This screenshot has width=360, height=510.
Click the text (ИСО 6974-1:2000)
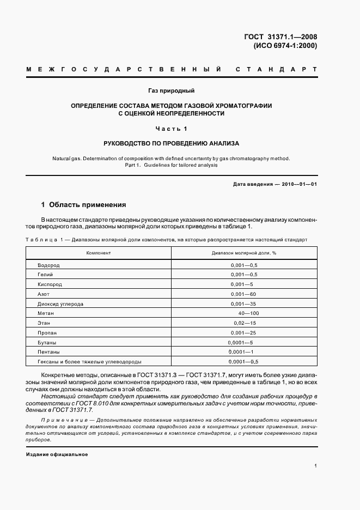pyautogui.click(x=285, y=46)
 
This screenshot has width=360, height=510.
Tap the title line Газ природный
pyautogui.click(x=171, y=90)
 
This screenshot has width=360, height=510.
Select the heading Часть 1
pyautogui.click(x=171, y=129)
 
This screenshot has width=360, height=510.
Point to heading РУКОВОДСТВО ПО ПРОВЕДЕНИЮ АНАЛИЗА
pyautogui.click(x=171, y=143)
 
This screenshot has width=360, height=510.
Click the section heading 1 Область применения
pyautogui.click(x=83, y=205)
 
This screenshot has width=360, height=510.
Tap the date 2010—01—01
pyautogui.click(x=299, y=184)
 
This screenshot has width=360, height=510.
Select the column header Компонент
pyautogui.click(x=99, y=253)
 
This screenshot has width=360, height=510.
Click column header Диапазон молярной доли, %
pyautogui.click(x=244, y=253)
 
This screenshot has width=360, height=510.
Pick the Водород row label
pyautogui.click(x=48, y=265)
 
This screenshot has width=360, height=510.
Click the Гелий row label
pyautogui.click(x=45, y=275)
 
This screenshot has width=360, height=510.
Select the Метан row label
pyautogui.click(x=46, y=314)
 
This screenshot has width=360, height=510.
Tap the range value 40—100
pyautogui.click(x=248, y=314)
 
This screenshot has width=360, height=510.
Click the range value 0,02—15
pyautogui.click(x=244, y=323)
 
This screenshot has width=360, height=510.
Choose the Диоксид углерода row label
pyautogui.click(x=61, y=303)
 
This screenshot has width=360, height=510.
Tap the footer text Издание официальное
pyautogui.click(x=57, y=454)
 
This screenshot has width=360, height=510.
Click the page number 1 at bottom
pyautogui.click(x=316, y=465)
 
